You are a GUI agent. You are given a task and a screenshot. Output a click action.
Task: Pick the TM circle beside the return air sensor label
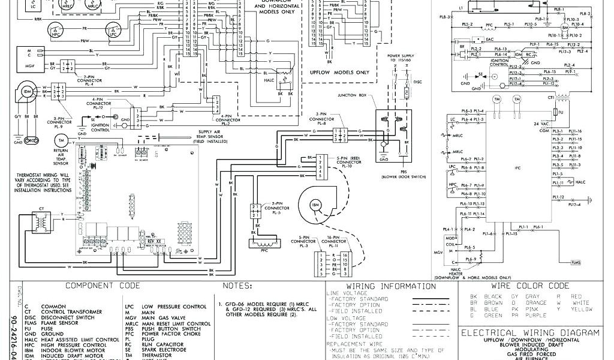61,140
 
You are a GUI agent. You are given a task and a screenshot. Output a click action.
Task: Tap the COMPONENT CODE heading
103,285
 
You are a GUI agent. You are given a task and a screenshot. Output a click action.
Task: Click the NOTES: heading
237,285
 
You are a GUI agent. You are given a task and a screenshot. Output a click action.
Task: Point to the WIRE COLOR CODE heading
529,286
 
